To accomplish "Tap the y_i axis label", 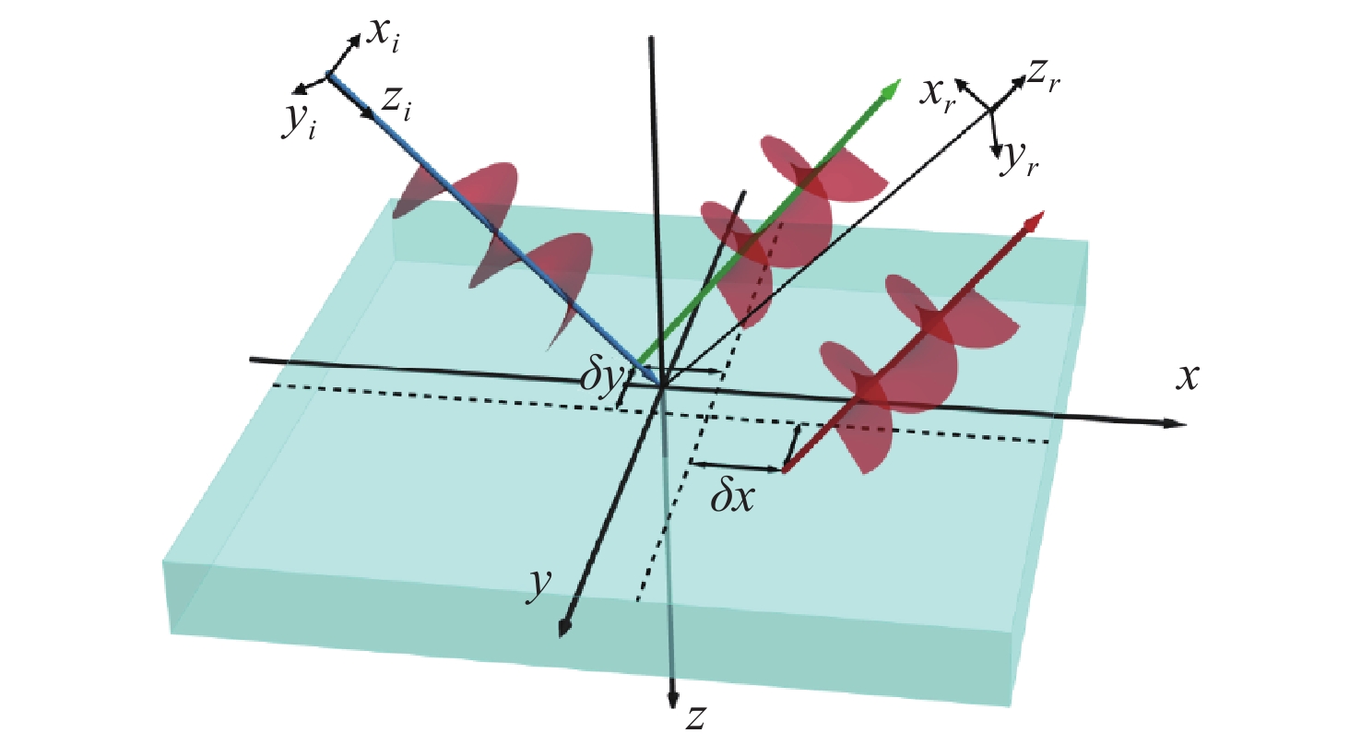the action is tap(300, 122).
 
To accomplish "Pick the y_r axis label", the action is tap(1020, 160).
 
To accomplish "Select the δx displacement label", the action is tap(733, 498).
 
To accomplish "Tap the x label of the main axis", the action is tap(1188, 378).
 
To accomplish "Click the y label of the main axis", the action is tap(539, 585).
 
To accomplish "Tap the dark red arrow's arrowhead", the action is tap(1034, 221).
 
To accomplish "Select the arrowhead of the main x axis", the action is tap(1175, 423).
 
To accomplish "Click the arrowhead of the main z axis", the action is tap(672, 700).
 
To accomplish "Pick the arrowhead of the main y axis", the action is tap(564, 627).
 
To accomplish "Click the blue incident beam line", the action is tap(495, 230).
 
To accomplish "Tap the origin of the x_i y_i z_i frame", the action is tap(328, 75).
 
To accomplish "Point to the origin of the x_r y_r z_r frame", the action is tap(991, 110).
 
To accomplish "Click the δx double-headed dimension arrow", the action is tap(737, 467).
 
